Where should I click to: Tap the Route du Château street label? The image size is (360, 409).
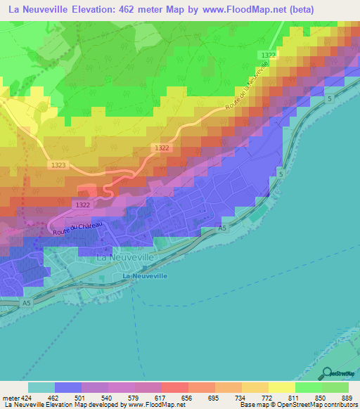[x=76, y=227]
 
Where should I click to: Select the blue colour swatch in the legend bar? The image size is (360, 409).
[x=68, y=387]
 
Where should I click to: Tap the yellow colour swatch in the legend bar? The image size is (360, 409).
[x=282, y=387]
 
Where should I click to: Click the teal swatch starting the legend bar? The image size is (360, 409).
[x=41, y=387]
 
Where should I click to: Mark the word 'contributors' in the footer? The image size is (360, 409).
[x=339, y=405]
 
